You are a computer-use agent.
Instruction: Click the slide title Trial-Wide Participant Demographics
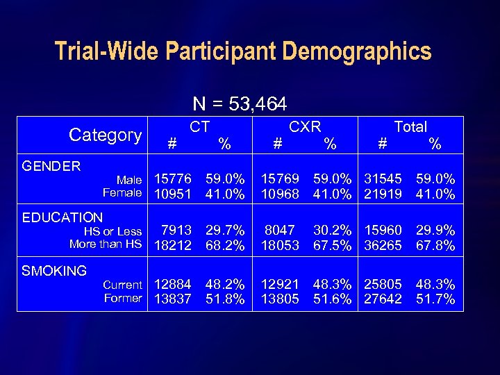tap(243, 51)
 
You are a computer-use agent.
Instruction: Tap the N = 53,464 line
tap(240, 104)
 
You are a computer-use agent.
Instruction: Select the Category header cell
tap(106, 135)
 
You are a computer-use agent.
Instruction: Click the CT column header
tap(200, 126)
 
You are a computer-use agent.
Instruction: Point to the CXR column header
tap(305, 126)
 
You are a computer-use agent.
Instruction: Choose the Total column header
tap(410, 126)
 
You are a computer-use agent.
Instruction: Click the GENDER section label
tap(51, 166)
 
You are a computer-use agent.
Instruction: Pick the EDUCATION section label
tap(62, 218)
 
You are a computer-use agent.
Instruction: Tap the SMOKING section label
tap(54, 271)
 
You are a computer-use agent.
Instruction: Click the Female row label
tap(122, 193)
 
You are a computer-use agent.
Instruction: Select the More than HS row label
tap(106, 244)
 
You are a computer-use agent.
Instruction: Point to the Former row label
tap(123, 298)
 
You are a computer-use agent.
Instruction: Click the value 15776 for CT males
tap(173, 181)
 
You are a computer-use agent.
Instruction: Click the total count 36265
tap(383, 246)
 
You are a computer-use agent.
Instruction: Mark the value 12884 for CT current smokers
tap(173, 285)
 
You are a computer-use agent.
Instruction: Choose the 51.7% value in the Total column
tap(435, 299)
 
